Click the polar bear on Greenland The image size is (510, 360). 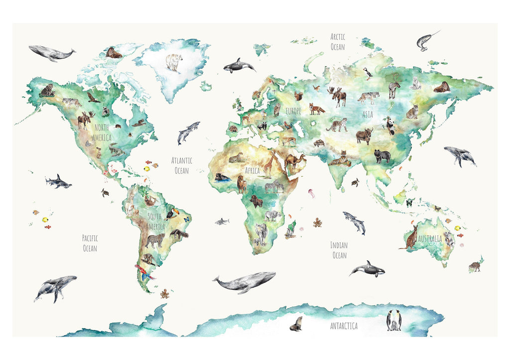pyautogui.click(x=174, y=62)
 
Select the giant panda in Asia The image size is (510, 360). pyautogui.click(x=390, y=125)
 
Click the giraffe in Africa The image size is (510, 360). pyautogui.click(x=268, y=164)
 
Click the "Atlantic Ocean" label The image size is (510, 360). pyautogui.click(x=182, y=165)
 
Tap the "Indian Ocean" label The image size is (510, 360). pyautogui.click(x=339, y=250)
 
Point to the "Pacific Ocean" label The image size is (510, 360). pyautogui.click(x=90, y=243)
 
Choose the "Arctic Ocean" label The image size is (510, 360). pyautogui.click(x=338, y=42)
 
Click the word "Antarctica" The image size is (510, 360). pyautogui.click(x=344, y=326)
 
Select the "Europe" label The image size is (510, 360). pyautogui.click(x=293, y=112)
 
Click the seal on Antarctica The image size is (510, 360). pyautogui.click(x=296, y=324)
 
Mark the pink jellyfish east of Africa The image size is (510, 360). pyautogui.click(x=312, y=193)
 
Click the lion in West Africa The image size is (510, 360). pyautogui.click(x=242, y=184)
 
